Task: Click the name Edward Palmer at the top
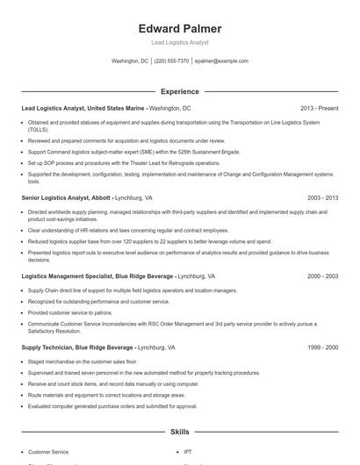pos(179,28)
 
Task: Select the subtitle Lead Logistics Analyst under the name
pos(179,42)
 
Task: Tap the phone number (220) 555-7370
pos(171,61)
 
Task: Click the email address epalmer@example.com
pos(221,61)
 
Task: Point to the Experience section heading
pos(179,91)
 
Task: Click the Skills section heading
pos(179,433)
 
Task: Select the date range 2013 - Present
pos(318,108)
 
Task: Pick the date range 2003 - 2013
pos(321,198)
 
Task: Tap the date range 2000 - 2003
pos(321,275)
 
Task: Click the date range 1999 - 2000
pos(321,347)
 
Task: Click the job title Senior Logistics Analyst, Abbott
pos(65,198)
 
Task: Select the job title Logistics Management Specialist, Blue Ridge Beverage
pos(97,275)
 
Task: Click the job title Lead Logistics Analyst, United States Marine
pos(83,108)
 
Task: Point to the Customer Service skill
pos(48,451)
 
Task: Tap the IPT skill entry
pos(188,451)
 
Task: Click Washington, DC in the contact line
pos(130,61)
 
